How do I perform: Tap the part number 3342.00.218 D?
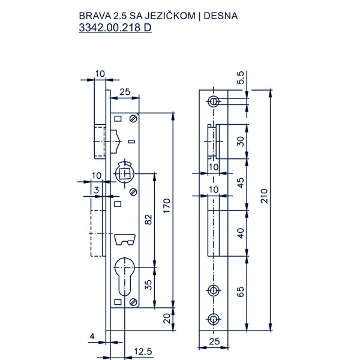click(x=115, y=28)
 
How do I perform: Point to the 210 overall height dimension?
click(x=265, y=196)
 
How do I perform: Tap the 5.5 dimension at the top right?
click(x=241, y=78)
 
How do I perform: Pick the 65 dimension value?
click(x=240, y=293)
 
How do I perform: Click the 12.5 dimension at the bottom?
click(x=142, y=350)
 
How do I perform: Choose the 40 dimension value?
click(x=240, y=233)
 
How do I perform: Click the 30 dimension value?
click(x=240, y=142)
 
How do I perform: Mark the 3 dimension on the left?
click(x=97, y=190)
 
